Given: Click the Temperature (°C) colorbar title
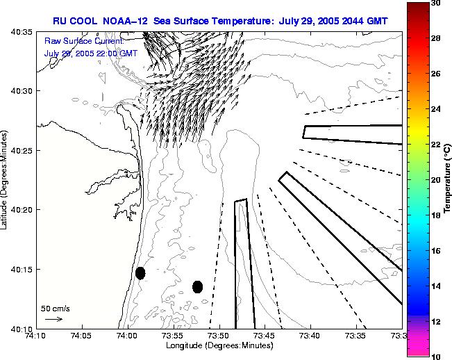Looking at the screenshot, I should point(448,179).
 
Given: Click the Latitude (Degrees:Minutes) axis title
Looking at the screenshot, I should point(5,179).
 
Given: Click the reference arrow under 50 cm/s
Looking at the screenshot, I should point(53,319).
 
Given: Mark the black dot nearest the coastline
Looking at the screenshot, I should point(140,272).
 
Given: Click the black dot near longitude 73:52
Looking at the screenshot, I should point(197,286).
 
